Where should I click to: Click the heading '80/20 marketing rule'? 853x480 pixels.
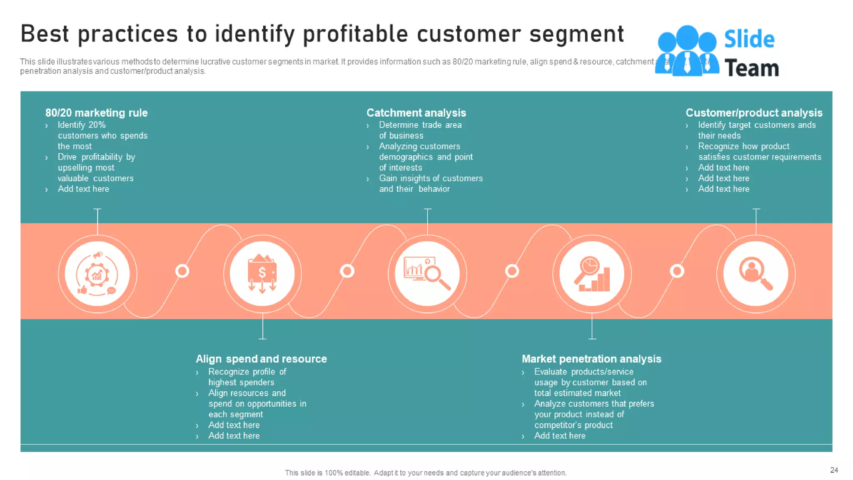(96, 113)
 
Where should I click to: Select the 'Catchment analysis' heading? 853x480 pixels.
(416, 113)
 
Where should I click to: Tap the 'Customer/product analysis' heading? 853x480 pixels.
(754, 113)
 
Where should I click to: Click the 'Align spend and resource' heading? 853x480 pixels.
(261, 359)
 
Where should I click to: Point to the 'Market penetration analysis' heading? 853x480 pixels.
(591, 359)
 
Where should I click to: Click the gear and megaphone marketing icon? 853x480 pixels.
(97, 274)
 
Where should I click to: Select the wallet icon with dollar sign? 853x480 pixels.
(262, 274)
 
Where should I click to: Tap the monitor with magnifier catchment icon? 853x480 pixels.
(427, 274)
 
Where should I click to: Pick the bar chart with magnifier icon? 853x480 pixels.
(592, 274)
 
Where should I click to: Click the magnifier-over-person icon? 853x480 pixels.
(756, 274)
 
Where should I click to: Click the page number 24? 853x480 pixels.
(834, 470)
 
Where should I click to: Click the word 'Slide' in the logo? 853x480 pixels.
(749, 40)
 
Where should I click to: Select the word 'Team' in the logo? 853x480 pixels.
(751, 68)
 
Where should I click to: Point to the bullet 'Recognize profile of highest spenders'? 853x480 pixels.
(247, 377)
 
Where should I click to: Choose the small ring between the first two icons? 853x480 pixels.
(182, 271)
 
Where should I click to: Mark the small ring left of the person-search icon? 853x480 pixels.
(677, 271)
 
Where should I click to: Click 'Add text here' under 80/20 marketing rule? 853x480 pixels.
(83, 189)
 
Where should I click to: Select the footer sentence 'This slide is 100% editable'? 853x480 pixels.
(425, 472)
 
